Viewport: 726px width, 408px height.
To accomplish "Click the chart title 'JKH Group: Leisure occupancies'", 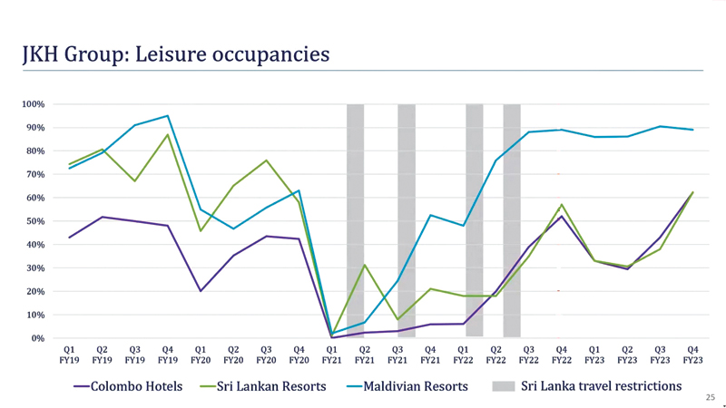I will pyautogui.click(x=175, y=54).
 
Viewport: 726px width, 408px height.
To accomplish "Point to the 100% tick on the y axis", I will pyautogui.click(x=33, y=104).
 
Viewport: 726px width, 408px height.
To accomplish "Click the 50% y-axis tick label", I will pyautogui.click(x=34, y=221).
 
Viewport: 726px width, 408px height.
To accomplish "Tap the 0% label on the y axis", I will pyautogui.click(x=37, y=338).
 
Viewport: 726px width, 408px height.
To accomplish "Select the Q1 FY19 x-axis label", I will pyautogui.click(x=69, y=354).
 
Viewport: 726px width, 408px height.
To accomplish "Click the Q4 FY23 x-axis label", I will pyautogui.click(x=692, y=354).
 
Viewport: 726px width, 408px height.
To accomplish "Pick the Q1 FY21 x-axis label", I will pyautogui.click(x=331, y=354).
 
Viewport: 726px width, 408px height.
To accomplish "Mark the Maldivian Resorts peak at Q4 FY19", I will pyautogui.click(x=167, y=116).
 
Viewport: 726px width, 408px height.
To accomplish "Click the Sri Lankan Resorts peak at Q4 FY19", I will pyautogui.click(x=167, y=135).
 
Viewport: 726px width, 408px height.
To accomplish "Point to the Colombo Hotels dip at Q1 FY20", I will pyautogui.click(x=200, y=291).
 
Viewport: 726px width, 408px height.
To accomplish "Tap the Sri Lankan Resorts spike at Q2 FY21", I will pyautogui.click(x=364, y=266).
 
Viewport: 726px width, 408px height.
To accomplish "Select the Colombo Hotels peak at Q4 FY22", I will pyautogui.click(x=562, y=216).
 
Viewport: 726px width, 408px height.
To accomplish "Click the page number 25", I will pyautogui.click(x=710, y=397).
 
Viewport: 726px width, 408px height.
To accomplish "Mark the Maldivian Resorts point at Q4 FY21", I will pyautogui.click(x=430, y=215).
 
